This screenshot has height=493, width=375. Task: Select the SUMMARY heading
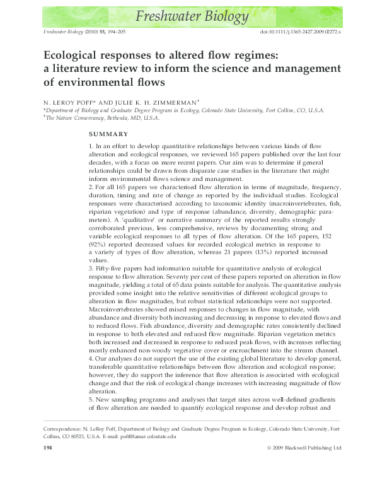(x=108, y=134)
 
